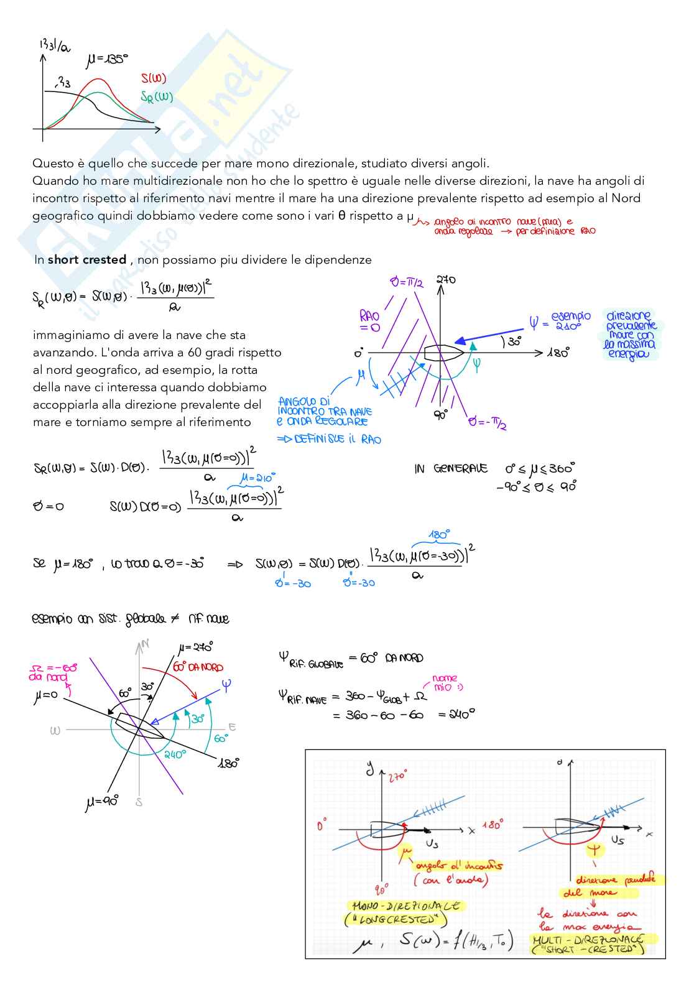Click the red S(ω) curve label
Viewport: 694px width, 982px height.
click(154, 78)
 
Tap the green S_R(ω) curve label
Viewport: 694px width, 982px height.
click(156, 97)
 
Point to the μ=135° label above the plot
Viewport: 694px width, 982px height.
click(107, 60)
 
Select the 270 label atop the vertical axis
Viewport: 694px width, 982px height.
click(445, 280)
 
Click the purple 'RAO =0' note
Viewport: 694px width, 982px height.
click(369, 321)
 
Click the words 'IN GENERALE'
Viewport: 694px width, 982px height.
click(451, 469)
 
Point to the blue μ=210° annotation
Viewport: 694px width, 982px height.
click(257, 478)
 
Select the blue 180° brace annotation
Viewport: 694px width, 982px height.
click(438, 535)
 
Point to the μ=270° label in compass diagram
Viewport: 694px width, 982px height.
click(195, 647)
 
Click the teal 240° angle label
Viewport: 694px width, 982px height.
click(175, 754)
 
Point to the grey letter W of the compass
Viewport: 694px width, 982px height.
click(55, 730)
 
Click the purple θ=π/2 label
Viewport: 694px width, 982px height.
click(407, 282)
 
